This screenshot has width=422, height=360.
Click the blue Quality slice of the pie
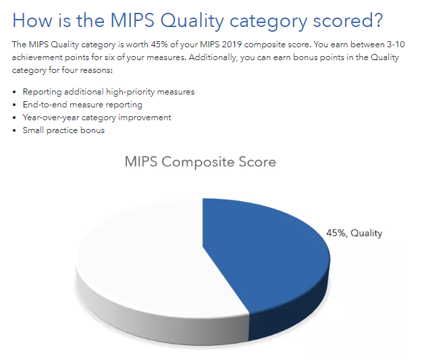(x=270, y=263)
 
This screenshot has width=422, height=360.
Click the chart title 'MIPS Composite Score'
(x=201, y=163)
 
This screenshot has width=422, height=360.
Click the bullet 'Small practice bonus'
(x=63, y=130)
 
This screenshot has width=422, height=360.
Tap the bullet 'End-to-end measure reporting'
(x=82, y=105)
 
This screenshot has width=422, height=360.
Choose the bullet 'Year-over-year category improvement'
(x=97, y=118)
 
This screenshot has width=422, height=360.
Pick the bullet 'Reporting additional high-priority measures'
(x=108, y=92)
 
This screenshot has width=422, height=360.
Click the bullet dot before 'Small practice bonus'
(x=15, y=130)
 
